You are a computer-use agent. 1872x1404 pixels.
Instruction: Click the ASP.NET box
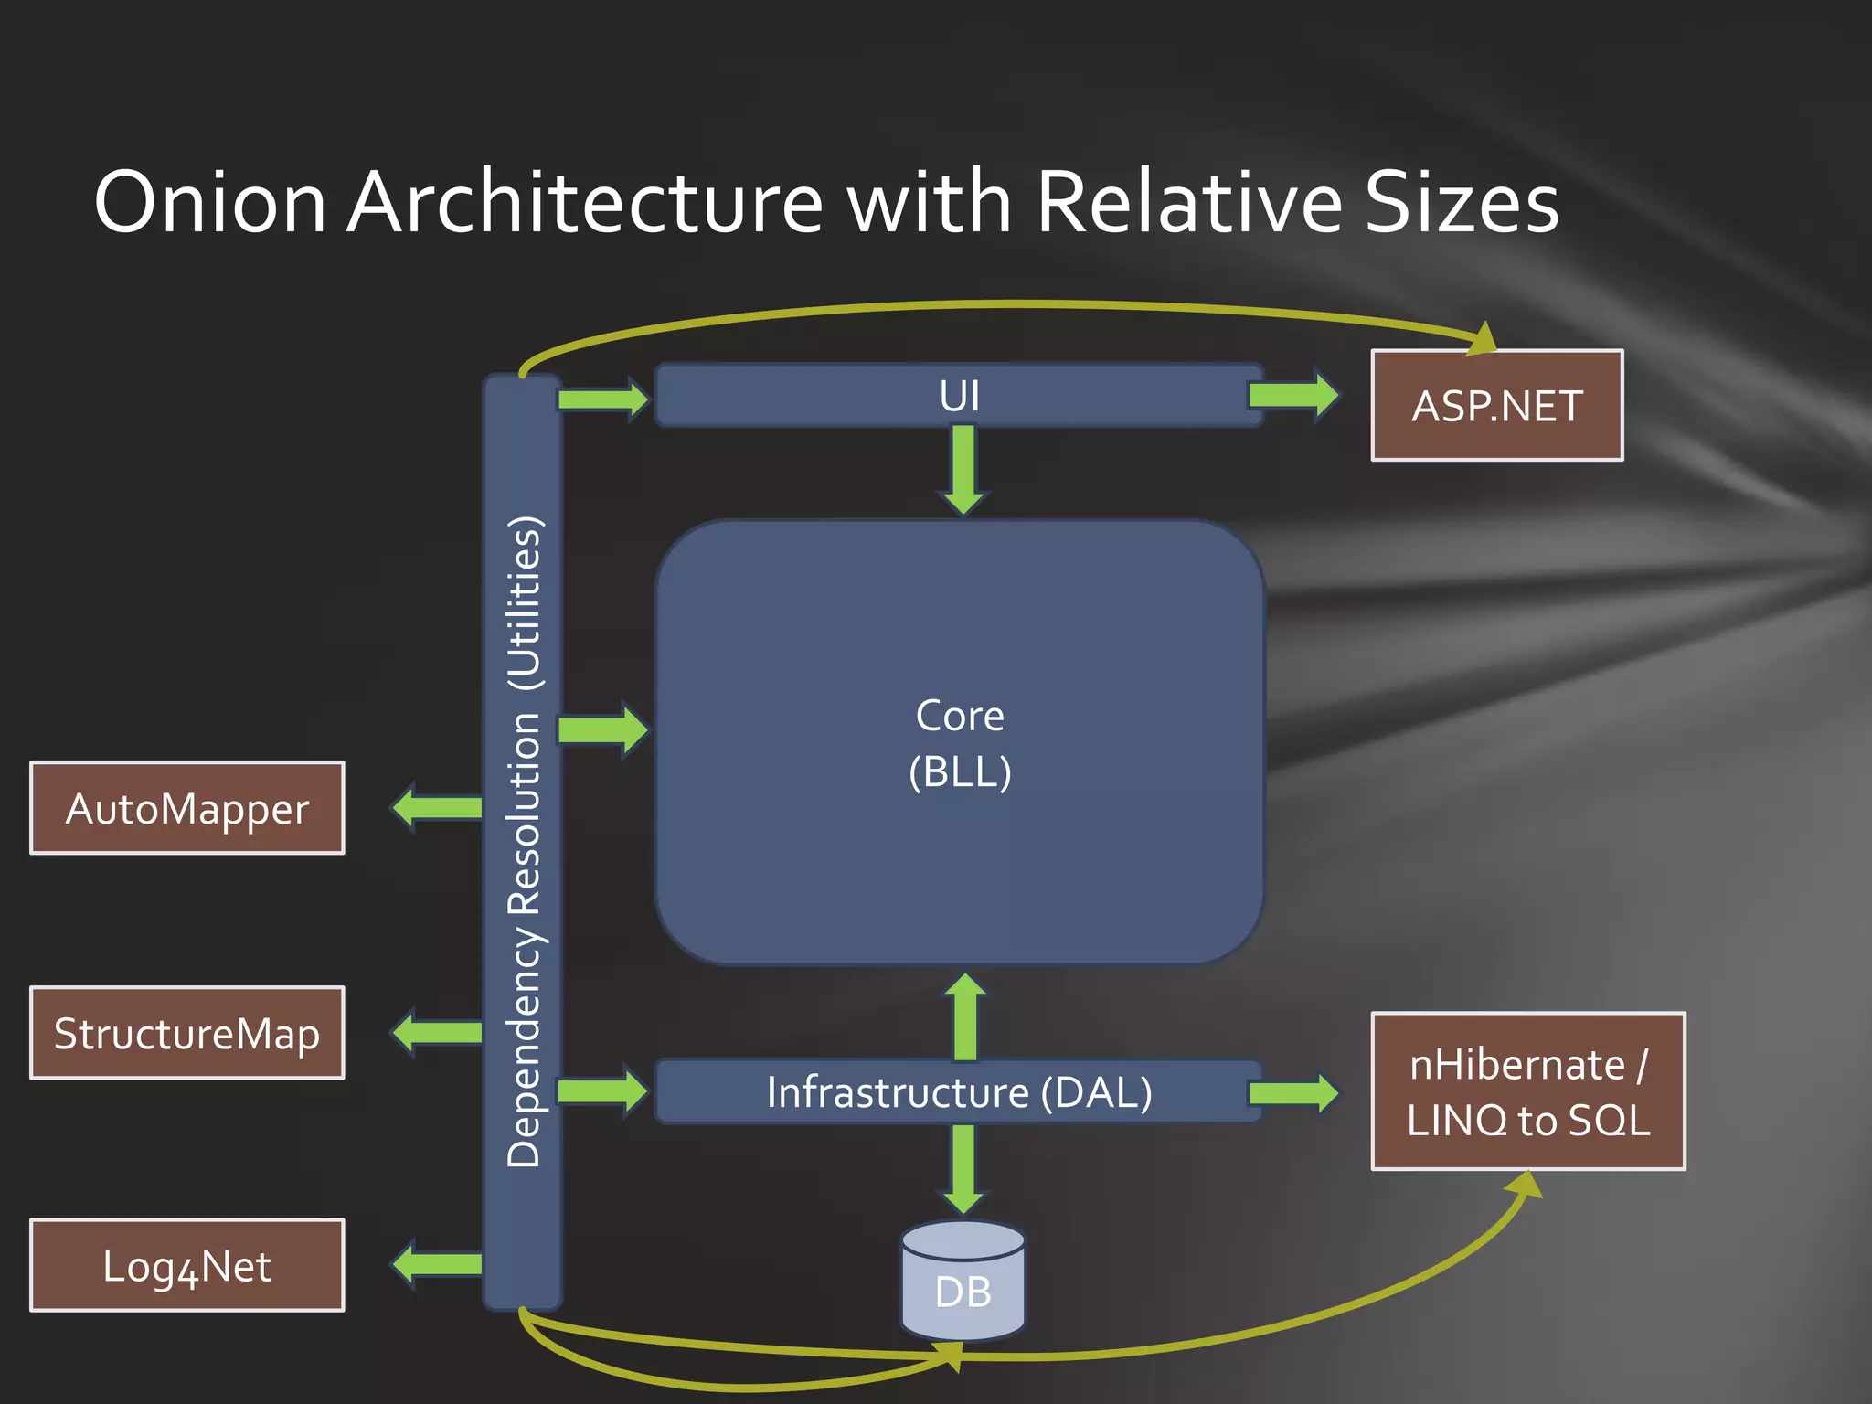1496,405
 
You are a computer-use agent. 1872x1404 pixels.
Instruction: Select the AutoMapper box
187,808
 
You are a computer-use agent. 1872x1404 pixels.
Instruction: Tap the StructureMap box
187,1033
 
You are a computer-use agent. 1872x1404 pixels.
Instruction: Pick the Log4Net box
187,1265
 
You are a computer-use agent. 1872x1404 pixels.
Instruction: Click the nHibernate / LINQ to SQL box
1528,1091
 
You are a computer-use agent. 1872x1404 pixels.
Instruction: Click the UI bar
960,396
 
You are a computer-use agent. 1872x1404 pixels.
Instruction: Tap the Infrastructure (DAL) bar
960,1091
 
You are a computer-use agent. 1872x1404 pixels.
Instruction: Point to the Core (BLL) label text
960,743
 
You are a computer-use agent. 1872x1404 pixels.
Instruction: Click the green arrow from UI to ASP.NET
1292,395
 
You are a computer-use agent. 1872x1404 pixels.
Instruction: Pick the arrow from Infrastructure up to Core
965,1016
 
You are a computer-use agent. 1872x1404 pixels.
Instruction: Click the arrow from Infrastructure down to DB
963,1168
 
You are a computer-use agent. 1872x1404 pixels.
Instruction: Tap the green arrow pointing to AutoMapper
437,807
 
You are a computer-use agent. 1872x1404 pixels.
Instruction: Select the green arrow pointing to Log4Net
437,1264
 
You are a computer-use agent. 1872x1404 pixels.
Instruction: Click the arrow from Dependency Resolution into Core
602,729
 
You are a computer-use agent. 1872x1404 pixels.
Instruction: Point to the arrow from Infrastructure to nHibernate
1292,1092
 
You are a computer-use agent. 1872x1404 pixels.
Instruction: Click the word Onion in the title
210,202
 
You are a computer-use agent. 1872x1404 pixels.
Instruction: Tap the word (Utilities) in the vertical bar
526,603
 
